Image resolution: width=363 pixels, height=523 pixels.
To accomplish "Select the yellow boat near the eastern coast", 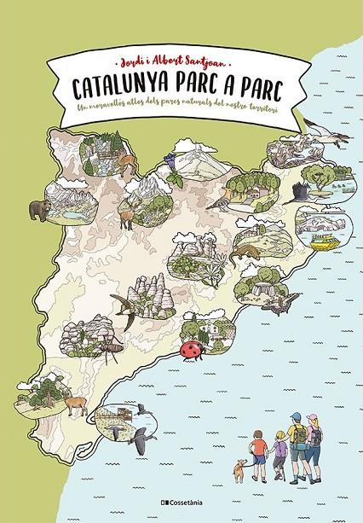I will tap(325, 244).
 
